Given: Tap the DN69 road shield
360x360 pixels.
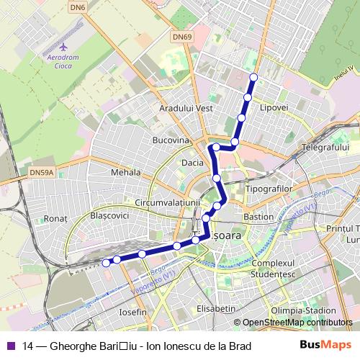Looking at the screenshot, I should coord(181,36).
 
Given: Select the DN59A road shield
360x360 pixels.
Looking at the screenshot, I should coord(42,173).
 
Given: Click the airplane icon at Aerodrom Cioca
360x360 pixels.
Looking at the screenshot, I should coord(63,46).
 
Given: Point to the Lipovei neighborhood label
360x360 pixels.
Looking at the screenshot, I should coord(274,107).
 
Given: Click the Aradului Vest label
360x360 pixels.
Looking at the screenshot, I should coord(186,108).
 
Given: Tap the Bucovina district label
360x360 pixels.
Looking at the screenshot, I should coord(171,139).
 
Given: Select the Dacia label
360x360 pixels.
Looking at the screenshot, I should coord(192,163).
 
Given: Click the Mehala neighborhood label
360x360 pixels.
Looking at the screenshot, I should coord(126,173).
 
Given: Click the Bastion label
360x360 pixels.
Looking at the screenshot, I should coord(258,216).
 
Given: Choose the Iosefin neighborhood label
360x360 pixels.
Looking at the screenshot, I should coord(132,312).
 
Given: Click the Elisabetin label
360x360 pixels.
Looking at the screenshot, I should coord(216,308).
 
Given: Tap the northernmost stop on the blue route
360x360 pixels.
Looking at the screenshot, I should coord(253,77).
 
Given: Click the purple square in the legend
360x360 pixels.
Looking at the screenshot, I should coord(11,346).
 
